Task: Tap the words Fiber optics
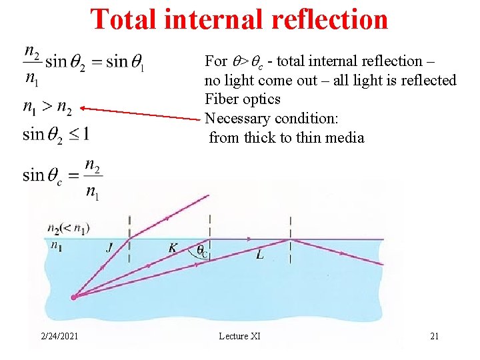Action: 243,99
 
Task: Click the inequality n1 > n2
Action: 47,107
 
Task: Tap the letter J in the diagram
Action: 109,247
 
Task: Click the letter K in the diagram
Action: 173,248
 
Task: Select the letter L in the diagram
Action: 259,255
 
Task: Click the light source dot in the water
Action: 74,297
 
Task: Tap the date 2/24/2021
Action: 58,336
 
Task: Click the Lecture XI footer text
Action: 239,336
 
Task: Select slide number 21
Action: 434,336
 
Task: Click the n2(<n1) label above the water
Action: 69,229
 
